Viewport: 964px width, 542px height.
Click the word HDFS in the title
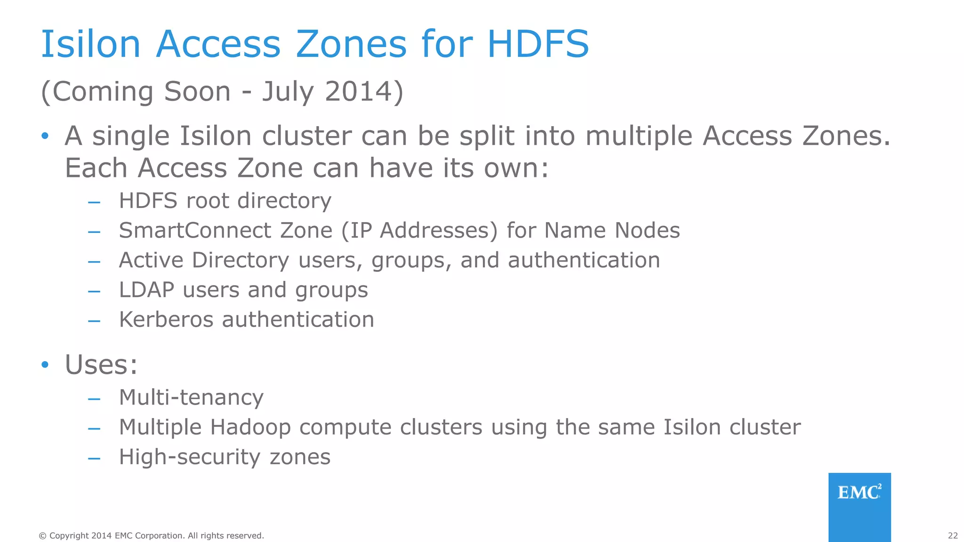[x=538, y=44]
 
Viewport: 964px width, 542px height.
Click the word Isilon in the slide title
[x=91, y=44]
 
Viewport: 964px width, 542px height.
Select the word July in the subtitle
[x=288, y=92]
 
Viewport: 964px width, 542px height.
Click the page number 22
[x=953, y=535]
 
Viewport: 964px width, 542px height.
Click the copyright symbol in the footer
[x=42, y=535]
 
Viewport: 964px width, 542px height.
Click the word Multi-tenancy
[x=191, y=398]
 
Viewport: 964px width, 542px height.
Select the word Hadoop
[x=250, y=428]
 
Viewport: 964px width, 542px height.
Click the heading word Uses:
[x=101, y=365]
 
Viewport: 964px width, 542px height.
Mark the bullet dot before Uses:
[x=45, y=365]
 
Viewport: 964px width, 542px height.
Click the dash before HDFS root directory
[x=94, y=203]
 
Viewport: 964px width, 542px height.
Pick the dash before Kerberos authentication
[x=94, y=321]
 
